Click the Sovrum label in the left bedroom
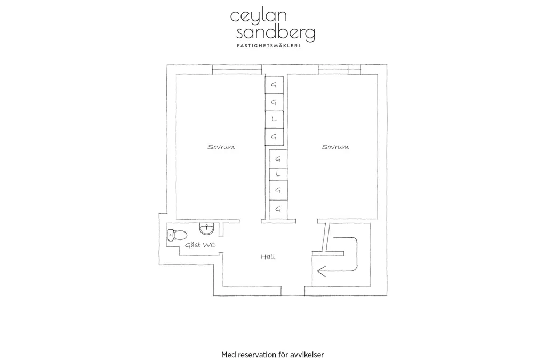tap(221, 147)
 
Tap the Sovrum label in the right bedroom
tap(335, 147)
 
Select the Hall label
tap(268, 257)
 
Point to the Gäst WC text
tap(200, 245)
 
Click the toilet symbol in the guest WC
tap(178, 235)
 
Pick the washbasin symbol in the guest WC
tap(207, 229)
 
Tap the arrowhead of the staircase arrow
tap(321, 271)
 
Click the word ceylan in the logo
tap(259, 16)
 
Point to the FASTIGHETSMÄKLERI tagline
tap(268, 46)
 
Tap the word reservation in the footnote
tap(257, 355)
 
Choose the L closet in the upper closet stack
tap(274, 119)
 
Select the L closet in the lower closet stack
tap(278, 174)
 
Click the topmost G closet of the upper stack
tap(274, 85)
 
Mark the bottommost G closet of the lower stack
tap(278, 210)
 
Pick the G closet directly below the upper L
tap(274, 137)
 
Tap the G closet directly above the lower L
tap(278, 159)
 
